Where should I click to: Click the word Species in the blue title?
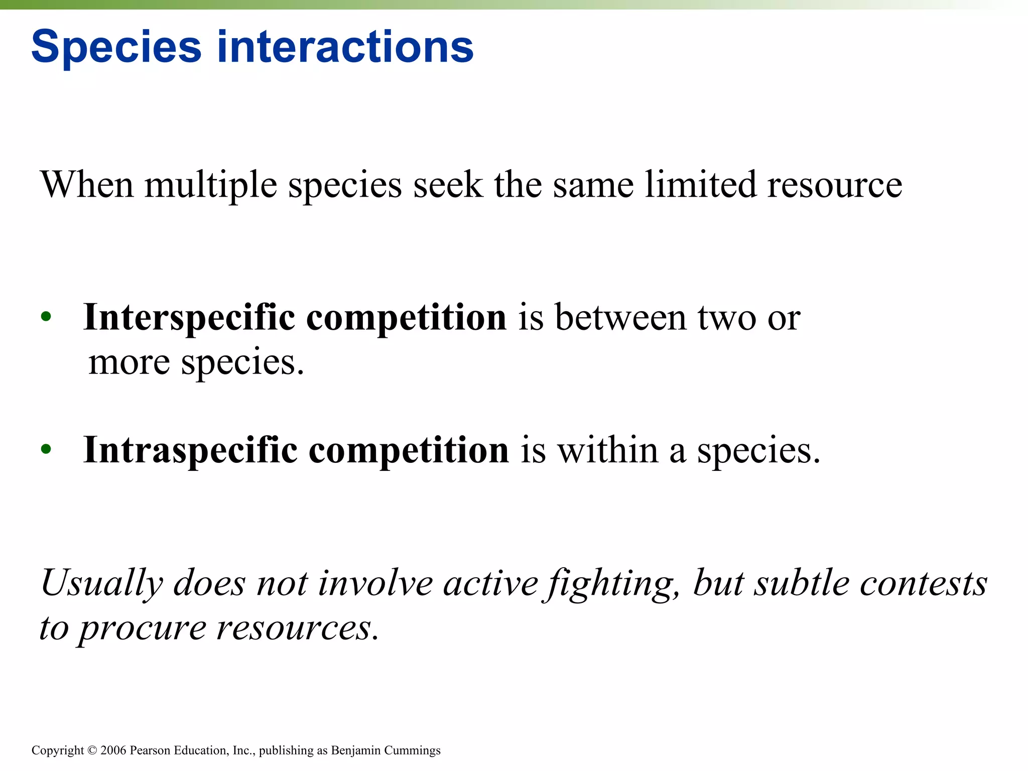[116, 48]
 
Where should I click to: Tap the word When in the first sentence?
[86, 185]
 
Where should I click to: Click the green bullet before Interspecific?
[46, 316]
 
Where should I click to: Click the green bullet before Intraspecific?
[46, 449]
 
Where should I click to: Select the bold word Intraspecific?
[190, 451]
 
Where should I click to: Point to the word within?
[608, 450]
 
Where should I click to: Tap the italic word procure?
[143, 628]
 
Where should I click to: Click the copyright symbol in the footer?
[92, 750]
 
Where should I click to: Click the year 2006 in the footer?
[113, 750]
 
